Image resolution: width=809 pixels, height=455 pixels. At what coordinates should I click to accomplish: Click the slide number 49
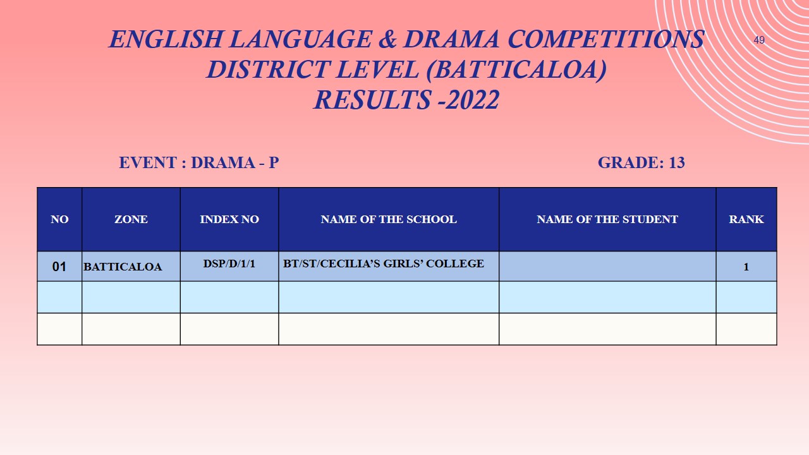pyautogui.click(x=759, y=40)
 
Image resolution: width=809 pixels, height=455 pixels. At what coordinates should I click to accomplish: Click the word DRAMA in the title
pyautogui.click(x=451, y=39)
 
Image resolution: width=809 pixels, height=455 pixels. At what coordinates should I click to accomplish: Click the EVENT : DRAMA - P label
pyautogui.click(x=198, y=162)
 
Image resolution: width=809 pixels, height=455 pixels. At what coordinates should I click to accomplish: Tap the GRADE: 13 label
pyautogui.click(x=641, y=162)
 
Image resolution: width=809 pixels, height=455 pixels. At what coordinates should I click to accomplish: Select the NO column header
pyautogui.click(x=59, y=219)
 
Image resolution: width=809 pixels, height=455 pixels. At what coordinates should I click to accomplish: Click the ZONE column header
pyautogui.click(x=131, y=219)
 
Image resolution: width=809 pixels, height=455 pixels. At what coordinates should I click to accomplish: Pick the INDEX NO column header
pyautogui.click(x=229, y=219)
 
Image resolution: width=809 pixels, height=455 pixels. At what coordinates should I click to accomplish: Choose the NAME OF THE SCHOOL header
pyautogui.click(x=389, y=219)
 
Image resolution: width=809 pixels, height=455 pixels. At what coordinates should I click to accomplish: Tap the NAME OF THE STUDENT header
pyautogui.click(x=607, y=219)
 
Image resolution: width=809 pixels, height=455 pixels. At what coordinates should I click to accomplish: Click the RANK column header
pyautogui.click(x=746, y=219)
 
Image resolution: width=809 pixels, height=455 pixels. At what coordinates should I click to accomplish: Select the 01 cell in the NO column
pyautogui.click(x=59, y=267)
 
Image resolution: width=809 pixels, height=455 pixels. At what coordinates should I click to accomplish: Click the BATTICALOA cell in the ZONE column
pyautogui.click(x=123, y=267)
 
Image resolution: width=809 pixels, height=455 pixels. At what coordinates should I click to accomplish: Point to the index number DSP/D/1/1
pyautogui.click(x=229, y=263)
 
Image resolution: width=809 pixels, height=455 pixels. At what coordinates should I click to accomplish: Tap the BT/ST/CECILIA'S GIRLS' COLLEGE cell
pyautogui.click(x=384, y=263)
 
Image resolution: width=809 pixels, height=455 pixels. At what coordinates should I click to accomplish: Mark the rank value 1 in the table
pyautogui.click(x=746, y=267)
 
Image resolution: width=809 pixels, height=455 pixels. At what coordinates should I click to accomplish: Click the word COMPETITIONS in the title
pyautogui.click(x=605, y=39)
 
